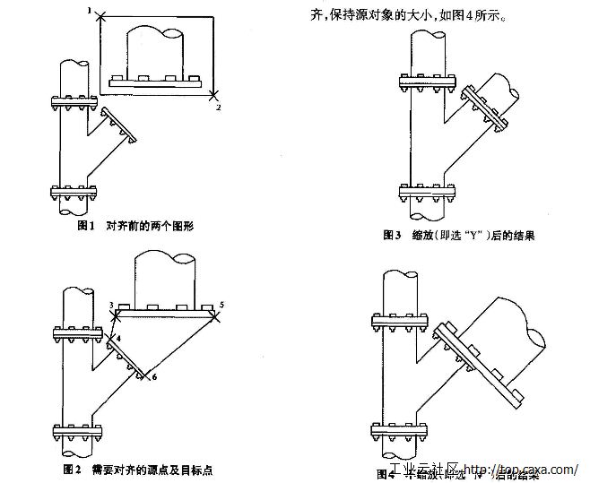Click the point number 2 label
pyautogui.click(x=218, y=107)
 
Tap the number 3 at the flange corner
pyautogui.click(x=110, y=306)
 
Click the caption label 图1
pyautogui.click(x=86, y=226)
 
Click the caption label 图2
pyautogui.click(x=74, y=469)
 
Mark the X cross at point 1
pyautogui.click(x=100, y=14)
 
